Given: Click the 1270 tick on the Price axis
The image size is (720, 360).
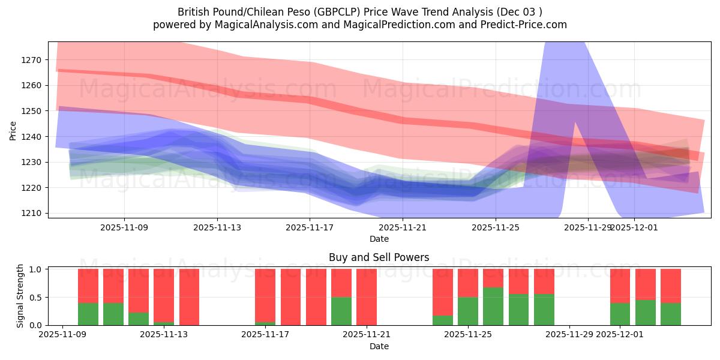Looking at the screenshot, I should [x=32, y=60].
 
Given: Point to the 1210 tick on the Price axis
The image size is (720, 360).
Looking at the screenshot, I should [x=32, y=213].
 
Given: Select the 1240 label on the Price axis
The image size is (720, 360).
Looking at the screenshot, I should [x=32, y=137].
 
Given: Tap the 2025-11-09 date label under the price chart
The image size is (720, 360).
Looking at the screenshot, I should [x=124, y=228].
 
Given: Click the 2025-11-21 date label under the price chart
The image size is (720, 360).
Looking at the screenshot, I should [x=403, y=228].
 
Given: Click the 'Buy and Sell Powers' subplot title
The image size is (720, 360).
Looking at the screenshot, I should [x=379, y=257].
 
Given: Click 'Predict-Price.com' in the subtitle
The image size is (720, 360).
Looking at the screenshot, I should [x=525, y=25].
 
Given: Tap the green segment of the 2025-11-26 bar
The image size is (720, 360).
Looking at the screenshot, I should [x=519, y=310].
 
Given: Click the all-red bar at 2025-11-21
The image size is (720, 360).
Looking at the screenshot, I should [x=367, y=297].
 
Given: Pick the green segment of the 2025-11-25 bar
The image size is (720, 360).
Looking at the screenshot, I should [x=493, y=307].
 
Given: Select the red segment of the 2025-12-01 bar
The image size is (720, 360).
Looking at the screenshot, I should [x=620, y=286].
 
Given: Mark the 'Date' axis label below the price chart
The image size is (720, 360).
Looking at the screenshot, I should [x=379, y=239].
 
